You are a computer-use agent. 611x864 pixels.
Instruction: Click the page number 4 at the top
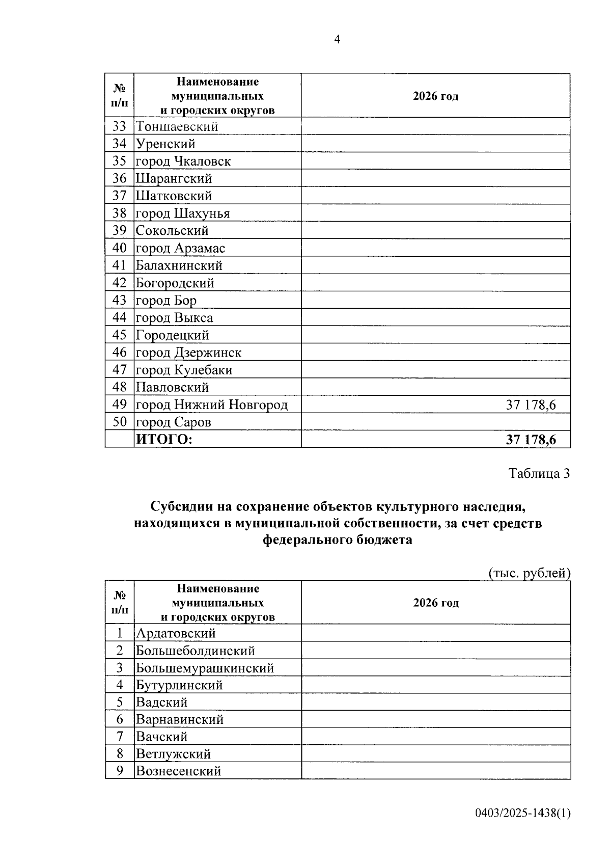click(337, 40)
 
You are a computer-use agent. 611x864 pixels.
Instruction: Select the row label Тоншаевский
click(177, 126)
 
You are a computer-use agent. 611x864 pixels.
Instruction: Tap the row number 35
click(119, 161)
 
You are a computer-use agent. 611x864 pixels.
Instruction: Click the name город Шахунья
click(182, 213)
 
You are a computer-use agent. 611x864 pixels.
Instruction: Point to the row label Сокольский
click(172, 231)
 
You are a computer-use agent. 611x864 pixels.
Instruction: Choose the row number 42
click(119, 283)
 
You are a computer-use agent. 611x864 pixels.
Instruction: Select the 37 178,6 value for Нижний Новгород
click(531, 405)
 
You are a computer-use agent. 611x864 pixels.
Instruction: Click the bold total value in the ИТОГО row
click(531, 440)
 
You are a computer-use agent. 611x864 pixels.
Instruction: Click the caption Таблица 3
click(539, 474)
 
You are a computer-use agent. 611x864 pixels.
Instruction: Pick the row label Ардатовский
click(176, 633)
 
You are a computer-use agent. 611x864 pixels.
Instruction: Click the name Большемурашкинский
click(205, 668)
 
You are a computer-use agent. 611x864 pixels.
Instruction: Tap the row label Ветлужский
click(173, 754)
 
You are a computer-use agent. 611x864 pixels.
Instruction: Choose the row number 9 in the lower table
click(120, 771)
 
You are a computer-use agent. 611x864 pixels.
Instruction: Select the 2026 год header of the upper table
click(435, 96)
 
